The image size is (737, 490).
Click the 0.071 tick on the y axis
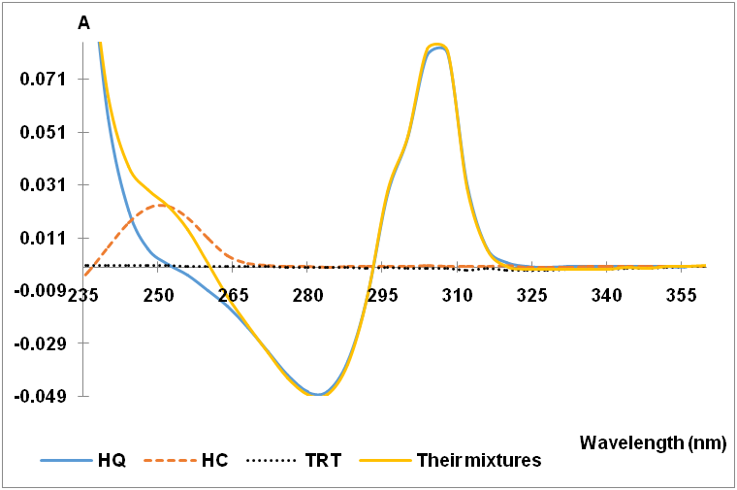(x=44, y=80)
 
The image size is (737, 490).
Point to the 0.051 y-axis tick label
(x=44, y=132)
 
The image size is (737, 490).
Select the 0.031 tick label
(x=44, y=185)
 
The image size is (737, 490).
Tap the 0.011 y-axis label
(x=44, y=238)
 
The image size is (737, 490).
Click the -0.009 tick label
(x=41, y=290)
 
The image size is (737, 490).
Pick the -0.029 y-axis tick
(x=41, y=343)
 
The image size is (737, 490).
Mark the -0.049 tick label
(x=41, y=396)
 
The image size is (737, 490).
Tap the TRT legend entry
(x=321, y=460)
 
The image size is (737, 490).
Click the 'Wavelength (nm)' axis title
(x=652, y=442)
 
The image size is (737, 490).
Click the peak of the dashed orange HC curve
(x=158, y=205)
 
